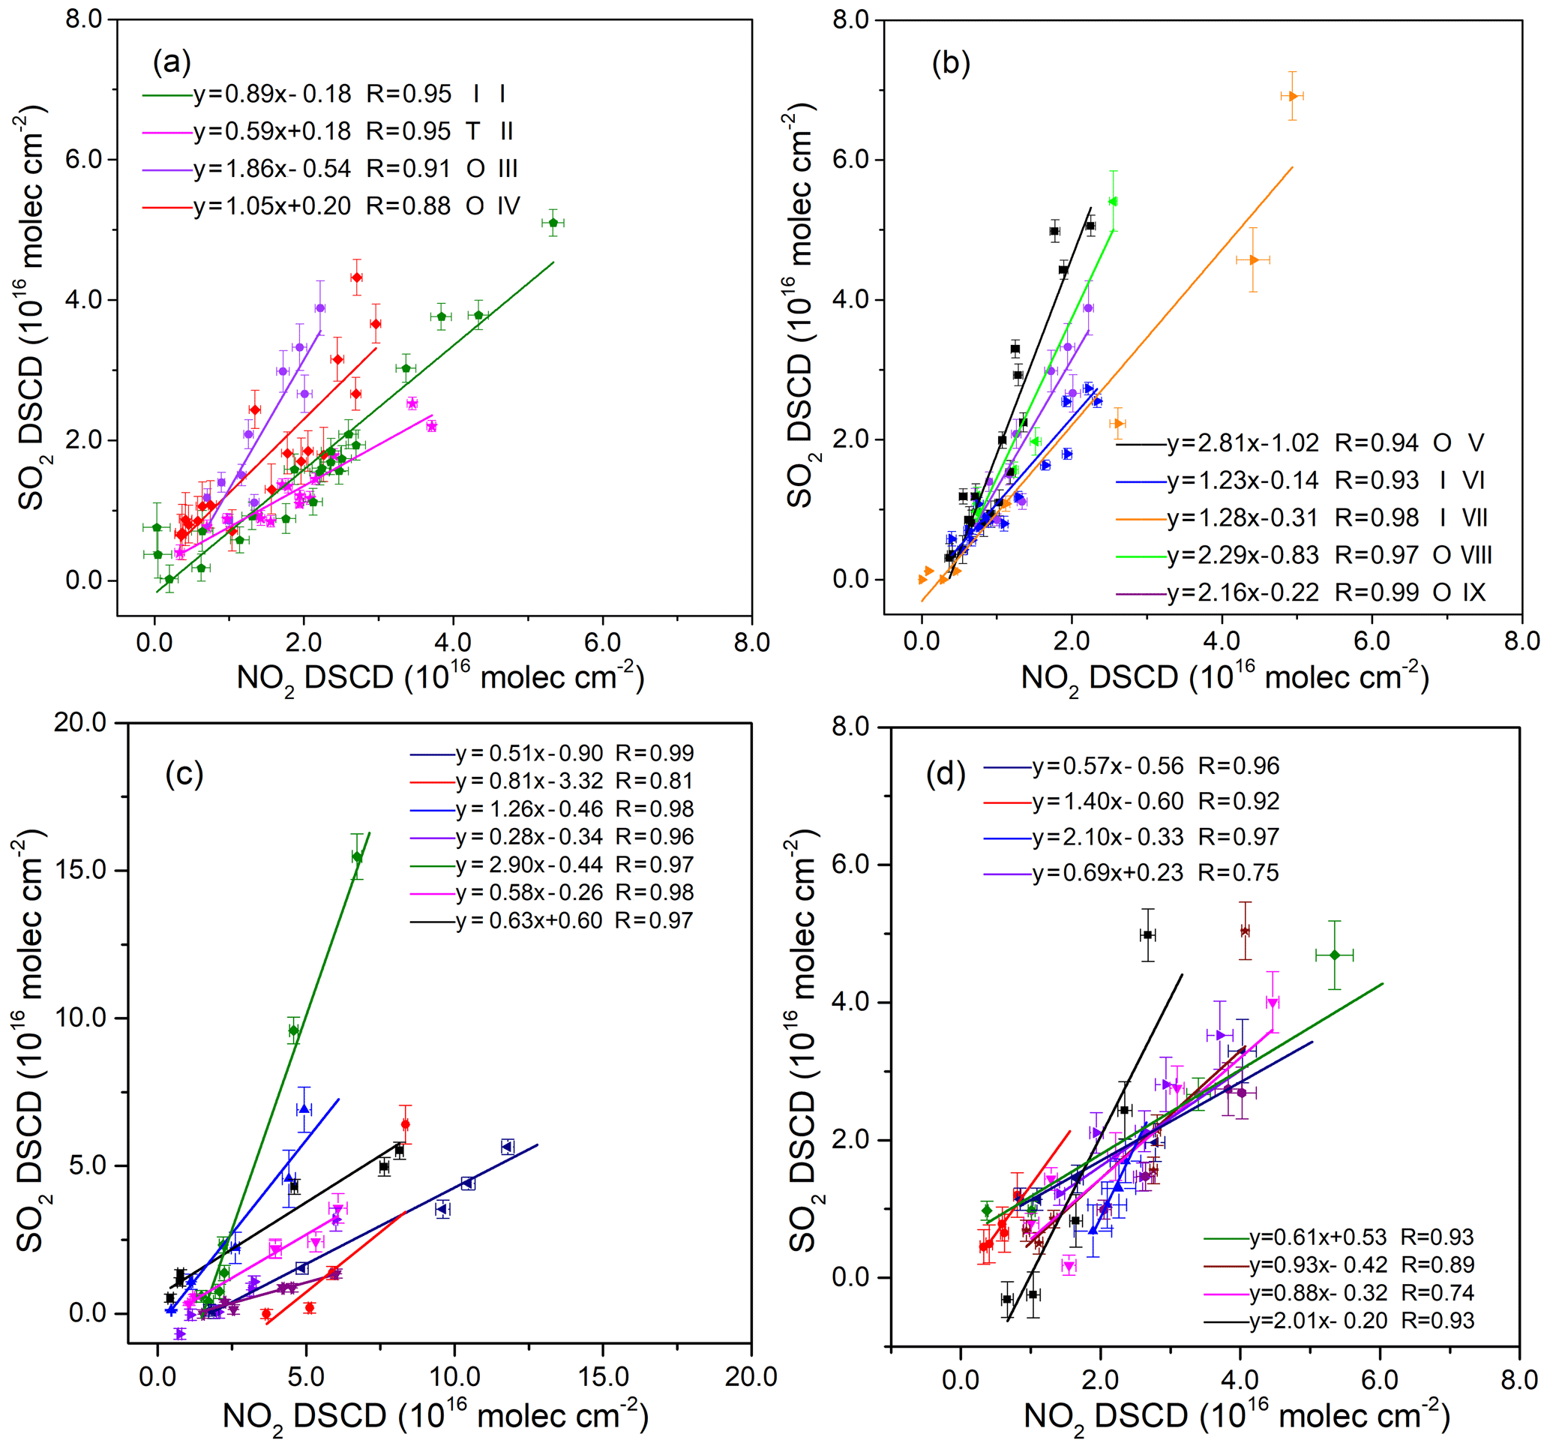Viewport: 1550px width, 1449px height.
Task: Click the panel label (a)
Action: tap(172, 61)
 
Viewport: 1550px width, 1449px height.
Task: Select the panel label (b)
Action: tap(950, 62)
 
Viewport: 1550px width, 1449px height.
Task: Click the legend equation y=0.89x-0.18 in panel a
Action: tap(272, 94)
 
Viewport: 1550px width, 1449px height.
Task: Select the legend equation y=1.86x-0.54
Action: tap(272, 169)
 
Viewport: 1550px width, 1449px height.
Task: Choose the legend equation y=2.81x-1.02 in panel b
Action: tap(1243, 443)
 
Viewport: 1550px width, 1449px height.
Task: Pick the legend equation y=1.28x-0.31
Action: tap(1243, 517)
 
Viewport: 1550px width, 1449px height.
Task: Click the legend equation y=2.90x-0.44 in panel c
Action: tap(529, 864)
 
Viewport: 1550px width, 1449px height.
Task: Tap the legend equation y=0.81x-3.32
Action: tap(529, 781)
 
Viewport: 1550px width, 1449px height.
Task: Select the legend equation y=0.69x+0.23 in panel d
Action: tap(1108, 872)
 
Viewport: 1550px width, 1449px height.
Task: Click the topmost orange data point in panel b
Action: tap(1292, 96)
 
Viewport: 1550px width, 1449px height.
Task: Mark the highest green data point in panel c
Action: tap(357, 857)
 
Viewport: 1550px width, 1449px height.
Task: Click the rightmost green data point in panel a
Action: tap(553, 223)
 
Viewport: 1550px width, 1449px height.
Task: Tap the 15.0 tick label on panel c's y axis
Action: tap(81, 870)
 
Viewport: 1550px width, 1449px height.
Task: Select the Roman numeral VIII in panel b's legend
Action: tap(1475, 555)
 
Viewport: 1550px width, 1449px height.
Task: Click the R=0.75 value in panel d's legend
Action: tap(1238, 872)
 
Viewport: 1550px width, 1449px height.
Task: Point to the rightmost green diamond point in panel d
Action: tap(1334, 955)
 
